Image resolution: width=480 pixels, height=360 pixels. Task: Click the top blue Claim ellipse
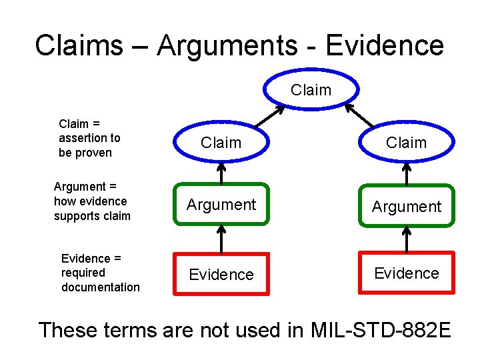tap(311, 89)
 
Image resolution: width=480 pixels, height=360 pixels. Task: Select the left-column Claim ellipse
tap(221, 143)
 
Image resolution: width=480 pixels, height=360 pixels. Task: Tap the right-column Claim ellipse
tap(406, 143)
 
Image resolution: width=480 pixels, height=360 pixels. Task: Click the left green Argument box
tap(221, 205)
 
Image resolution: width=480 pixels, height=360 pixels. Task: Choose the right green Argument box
tap(406, 207)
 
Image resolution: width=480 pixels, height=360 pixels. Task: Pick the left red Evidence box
tap(221, 274)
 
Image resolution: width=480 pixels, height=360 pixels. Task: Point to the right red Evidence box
tap(406, 273)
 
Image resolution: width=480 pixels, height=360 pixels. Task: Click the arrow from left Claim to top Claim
tap(257, 116)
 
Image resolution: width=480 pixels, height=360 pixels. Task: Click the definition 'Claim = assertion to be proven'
tap(89, 138)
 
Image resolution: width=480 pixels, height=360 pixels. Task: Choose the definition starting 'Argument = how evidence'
tap(92, 201)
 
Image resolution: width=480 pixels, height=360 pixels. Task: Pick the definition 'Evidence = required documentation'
tap(100, 273)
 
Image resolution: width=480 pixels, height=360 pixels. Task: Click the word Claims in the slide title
tap(79, 45)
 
